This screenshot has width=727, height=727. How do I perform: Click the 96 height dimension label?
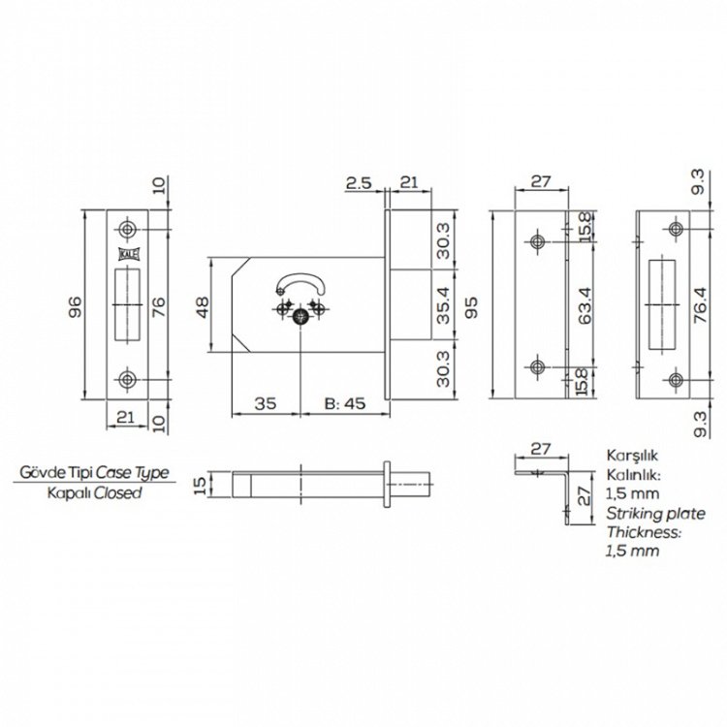click(x=75, y=306)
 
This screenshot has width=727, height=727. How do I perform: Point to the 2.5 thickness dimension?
click(x=359, y=182)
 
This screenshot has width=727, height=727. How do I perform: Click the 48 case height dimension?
click(x=203, y=306)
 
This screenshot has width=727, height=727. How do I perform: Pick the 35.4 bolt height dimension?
click(x=443, y=306)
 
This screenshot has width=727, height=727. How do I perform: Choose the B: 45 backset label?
click(x=345, y=403)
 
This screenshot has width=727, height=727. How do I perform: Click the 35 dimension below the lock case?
click(x=266, y=403)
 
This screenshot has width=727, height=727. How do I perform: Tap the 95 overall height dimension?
click(x=471, y=306)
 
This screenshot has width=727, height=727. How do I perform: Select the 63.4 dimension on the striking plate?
click(x=585, y=305)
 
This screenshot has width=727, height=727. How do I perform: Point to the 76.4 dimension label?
click(x=700, y=305)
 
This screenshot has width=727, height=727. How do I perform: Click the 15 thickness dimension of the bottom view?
click(x=200, y=486)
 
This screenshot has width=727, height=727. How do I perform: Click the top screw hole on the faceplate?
click(x=127, y=229)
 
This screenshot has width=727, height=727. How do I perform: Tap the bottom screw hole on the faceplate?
click(x=127, y=379)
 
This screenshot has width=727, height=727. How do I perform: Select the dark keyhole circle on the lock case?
click(x=300, y=317)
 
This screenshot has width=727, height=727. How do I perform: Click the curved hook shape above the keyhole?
click(x=300, y=284)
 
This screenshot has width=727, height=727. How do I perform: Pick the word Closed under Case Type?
click(x=117, y=492)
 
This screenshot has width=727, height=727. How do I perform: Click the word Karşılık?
click(x=632, y=456)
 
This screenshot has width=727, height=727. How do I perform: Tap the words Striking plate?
click(x=655, y=514)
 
